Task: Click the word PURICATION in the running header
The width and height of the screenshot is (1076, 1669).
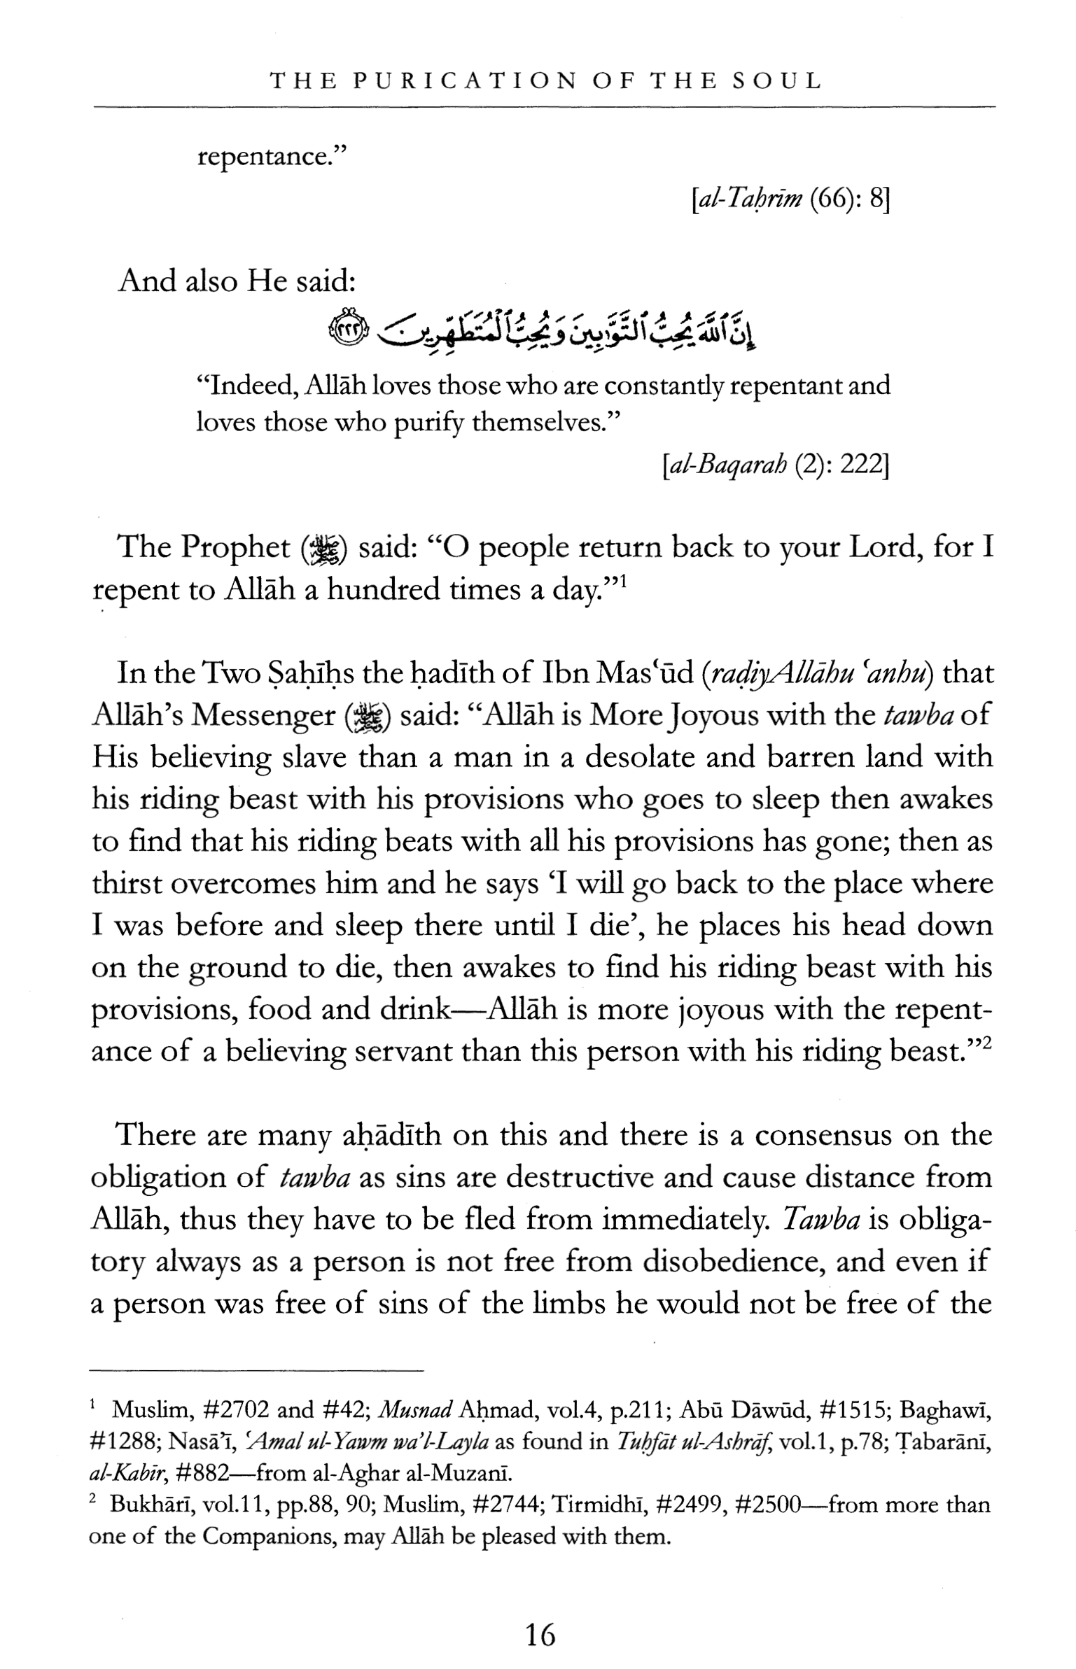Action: click(x=464, y=81)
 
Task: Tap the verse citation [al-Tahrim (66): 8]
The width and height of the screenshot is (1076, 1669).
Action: click(x=789, y=202)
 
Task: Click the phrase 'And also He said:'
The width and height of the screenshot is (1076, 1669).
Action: click(x=237, y=281)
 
